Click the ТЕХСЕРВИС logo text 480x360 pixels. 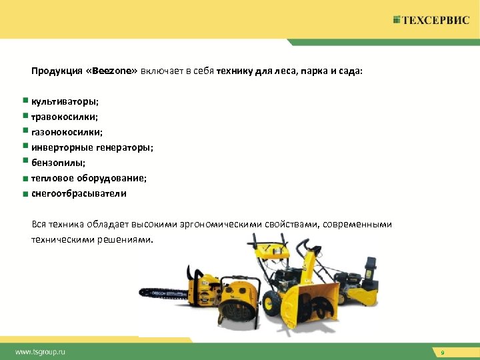[x=436, y=20]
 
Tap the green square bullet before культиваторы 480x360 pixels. [x=25, y=101]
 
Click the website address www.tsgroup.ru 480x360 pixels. [x=41, y=351]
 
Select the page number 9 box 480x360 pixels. [x=442, y=351]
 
